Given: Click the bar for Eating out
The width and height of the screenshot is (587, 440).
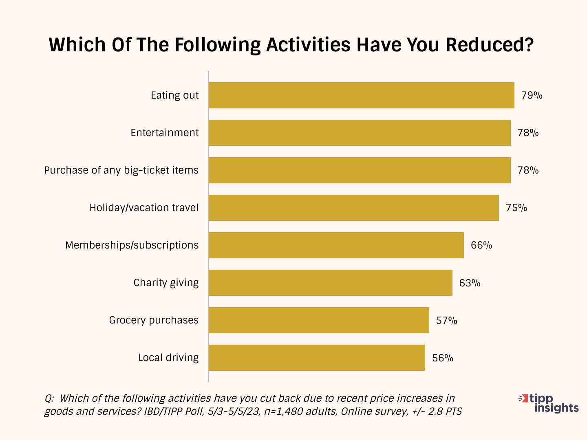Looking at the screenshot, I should (x=361, y=95).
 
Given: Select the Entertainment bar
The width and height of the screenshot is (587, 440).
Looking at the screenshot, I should (x=360, y=133).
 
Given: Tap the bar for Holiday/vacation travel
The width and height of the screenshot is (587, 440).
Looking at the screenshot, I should (x=353, y=208).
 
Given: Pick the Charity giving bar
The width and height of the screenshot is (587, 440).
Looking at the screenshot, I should (x=330, y=283).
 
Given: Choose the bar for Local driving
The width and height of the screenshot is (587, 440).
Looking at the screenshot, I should (x=317, y=358).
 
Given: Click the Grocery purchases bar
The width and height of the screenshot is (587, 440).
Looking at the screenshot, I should (x=319, y=320).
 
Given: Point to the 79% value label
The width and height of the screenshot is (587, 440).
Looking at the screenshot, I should (x=532, y=95).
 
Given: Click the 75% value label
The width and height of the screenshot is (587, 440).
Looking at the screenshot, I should (x=516, y=208).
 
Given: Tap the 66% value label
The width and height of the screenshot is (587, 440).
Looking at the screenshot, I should (x=481, y=245).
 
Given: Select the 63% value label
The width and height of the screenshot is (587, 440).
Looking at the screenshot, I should (x=470, y=283).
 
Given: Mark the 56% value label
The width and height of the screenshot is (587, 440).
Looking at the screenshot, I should (x=443, y=358).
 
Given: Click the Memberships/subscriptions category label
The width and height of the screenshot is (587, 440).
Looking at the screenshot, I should (x=132, y=245).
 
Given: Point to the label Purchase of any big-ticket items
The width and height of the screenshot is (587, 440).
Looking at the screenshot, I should (x=121, y=170).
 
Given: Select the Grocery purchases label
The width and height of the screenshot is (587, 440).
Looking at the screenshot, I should (x=154, y=320).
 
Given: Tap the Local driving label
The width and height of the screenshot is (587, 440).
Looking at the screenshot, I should (x=168, y=358).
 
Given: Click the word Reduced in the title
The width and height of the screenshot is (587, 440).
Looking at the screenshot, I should (x=489, y=45).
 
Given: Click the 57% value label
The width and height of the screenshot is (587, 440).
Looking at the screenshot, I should (x=446, y=320).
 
